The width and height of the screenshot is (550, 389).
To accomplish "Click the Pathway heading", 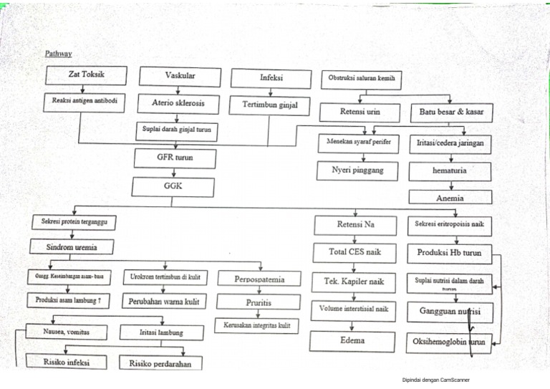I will point(58,54).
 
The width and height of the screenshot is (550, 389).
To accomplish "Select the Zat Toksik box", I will point(85,75).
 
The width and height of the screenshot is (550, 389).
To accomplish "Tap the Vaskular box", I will point(180,76).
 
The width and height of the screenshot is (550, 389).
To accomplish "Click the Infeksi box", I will point(271,78).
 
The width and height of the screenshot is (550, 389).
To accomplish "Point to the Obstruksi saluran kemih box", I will point(361,78).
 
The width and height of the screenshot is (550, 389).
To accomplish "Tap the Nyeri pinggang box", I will point(357,171).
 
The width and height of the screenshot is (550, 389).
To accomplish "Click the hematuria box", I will point(450,171).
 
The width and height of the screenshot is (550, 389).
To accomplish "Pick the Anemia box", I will point(450,197).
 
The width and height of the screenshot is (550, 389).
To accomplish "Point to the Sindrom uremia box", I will point(72,248).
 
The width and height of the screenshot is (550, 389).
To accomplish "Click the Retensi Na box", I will point(356,225).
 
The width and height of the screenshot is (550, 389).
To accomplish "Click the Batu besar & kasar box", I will point(451,112).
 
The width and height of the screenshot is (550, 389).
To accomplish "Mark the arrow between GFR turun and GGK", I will point(175,173).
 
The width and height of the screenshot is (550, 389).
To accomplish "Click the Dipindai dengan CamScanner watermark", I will point(438,380).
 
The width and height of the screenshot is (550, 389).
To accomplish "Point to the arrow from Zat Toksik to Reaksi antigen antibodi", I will point(83,90).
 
